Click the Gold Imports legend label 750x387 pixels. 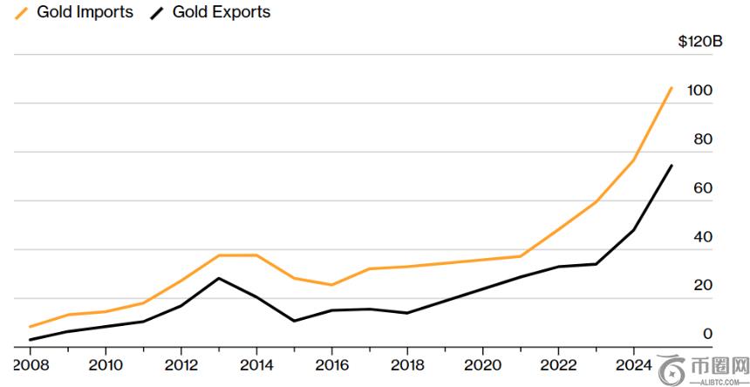(85, 12)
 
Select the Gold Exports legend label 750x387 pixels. (222, 12)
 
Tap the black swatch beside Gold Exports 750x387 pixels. (157, 12)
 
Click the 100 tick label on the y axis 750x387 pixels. (699, 91)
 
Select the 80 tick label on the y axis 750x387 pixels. (702, 139)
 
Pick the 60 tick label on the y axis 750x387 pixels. (702, 188)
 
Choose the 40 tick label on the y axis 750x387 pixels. (702, 237)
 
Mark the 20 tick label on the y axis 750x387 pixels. (702, 286)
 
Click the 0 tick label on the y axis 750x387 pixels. (707, 334)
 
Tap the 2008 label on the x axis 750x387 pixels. (31, 363)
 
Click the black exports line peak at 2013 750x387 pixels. (218, 278)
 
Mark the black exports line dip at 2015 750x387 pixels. (293, 321)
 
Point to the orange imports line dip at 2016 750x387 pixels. (331, 285)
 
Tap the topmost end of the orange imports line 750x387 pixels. (672, 87)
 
